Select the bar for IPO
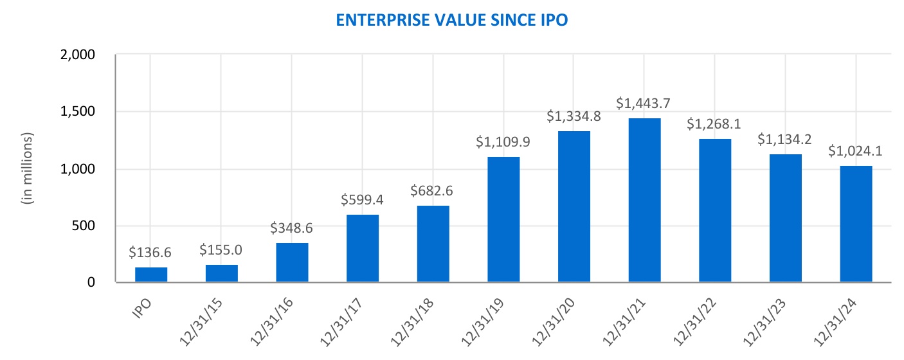tap(151, 274)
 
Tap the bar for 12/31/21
tap(645, 200)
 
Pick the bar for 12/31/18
tap(433, 244)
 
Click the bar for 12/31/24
tap(856, 224)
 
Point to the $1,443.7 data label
tap(645, 103)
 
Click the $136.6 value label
tap(151, 253)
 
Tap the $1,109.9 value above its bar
tap(503, 142)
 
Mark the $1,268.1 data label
tap(716, 123)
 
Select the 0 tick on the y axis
tap(91, 282)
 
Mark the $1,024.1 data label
tap(856, 151)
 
